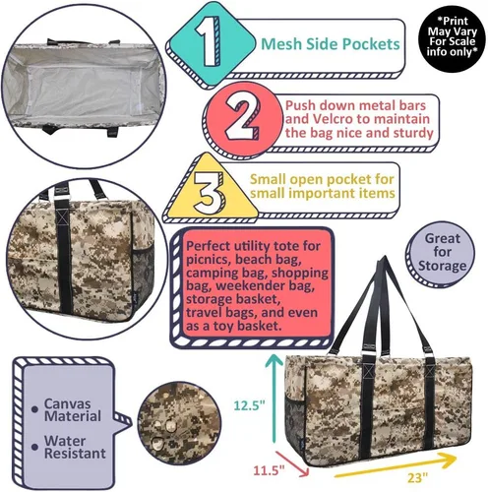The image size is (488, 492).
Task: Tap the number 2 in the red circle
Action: [x=242, y=118]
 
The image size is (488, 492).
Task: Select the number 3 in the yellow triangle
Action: [x=208, y=193]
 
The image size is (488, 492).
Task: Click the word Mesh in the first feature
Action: [x=281, y=44]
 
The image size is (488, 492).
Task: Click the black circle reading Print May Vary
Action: [x=452, y=39]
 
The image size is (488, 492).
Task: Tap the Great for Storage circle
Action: [x=441, y=254]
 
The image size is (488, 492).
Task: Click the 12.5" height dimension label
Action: [x=249, y=405]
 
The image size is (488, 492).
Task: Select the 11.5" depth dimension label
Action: [x=269, y=471]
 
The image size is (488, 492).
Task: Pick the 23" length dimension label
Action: [x=417, y=477]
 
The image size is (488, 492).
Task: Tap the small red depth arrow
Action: [x=292, y=463]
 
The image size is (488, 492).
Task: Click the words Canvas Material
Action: [x=73, y=410]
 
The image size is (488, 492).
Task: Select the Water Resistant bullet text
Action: [x=75, y=447]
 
